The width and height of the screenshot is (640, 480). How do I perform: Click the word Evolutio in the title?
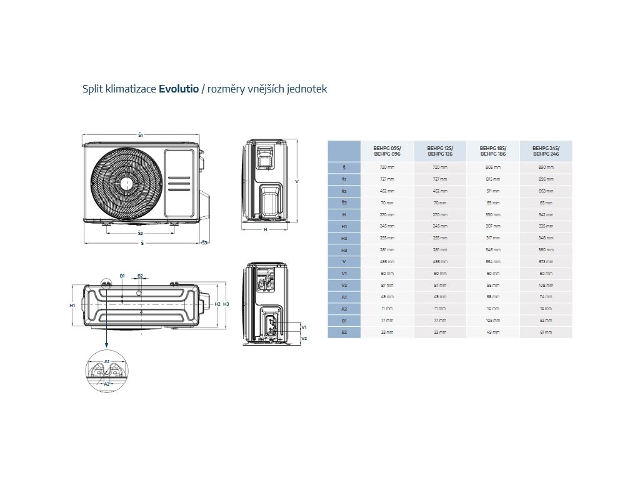pyautogui.click(x=178, y=89)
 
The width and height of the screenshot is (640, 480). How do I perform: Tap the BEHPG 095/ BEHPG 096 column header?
pyautogui.click(x=387, y=151)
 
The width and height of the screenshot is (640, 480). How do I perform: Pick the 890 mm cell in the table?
pyautogui.click(x=546, y=167)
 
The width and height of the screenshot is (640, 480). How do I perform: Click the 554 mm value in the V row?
pyautogui.click(x=492, y=261)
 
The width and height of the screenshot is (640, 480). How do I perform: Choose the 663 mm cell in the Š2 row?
pyautogui.click(x=546, y=191)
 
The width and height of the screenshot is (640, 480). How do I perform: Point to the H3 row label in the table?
pyautogui.click(x=344, y=249)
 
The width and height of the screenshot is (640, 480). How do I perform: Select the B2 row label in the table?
pyautogui.click(x=344, y=332)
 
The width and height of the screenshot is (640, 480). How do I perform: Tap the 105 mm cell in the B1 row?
pyautogui.click(x=492, y=320)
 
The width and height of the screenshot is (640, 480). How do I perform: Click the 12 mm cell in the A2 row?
pyautogui.click(x=546, y=308)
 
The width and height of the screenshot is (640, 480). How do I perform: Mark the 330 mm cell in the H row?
pyautogui.click(x=492, y=214)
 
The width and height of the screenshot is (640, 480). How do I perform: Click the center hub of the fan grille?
pyautogui.click(x=126, y=183)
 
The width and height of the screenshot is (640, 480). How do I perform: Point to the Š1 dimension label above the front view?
pyautogui.click(x=141, y=135)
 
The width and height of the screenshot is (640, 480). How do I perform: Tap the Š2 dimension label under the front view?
pyautogui.click(x=141, y=233)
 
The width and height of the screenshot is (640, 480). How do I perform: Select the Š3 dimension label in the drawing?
pyautogui.click(x=204, y=242)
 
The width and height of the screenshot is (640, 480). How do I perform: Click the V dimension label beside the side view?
pyautogui.click(x=296, y=182)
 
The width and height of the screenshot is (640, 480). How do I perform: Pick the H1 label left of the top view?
pyautogui.click(x=72, y=305)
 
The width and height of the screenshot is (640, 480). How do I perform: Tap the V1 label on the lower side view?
pyautogui.click(x=304, y=327)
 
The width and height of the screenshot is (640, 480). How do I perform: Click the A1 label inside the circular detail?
pyautogui.click(x=107, y=361)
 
